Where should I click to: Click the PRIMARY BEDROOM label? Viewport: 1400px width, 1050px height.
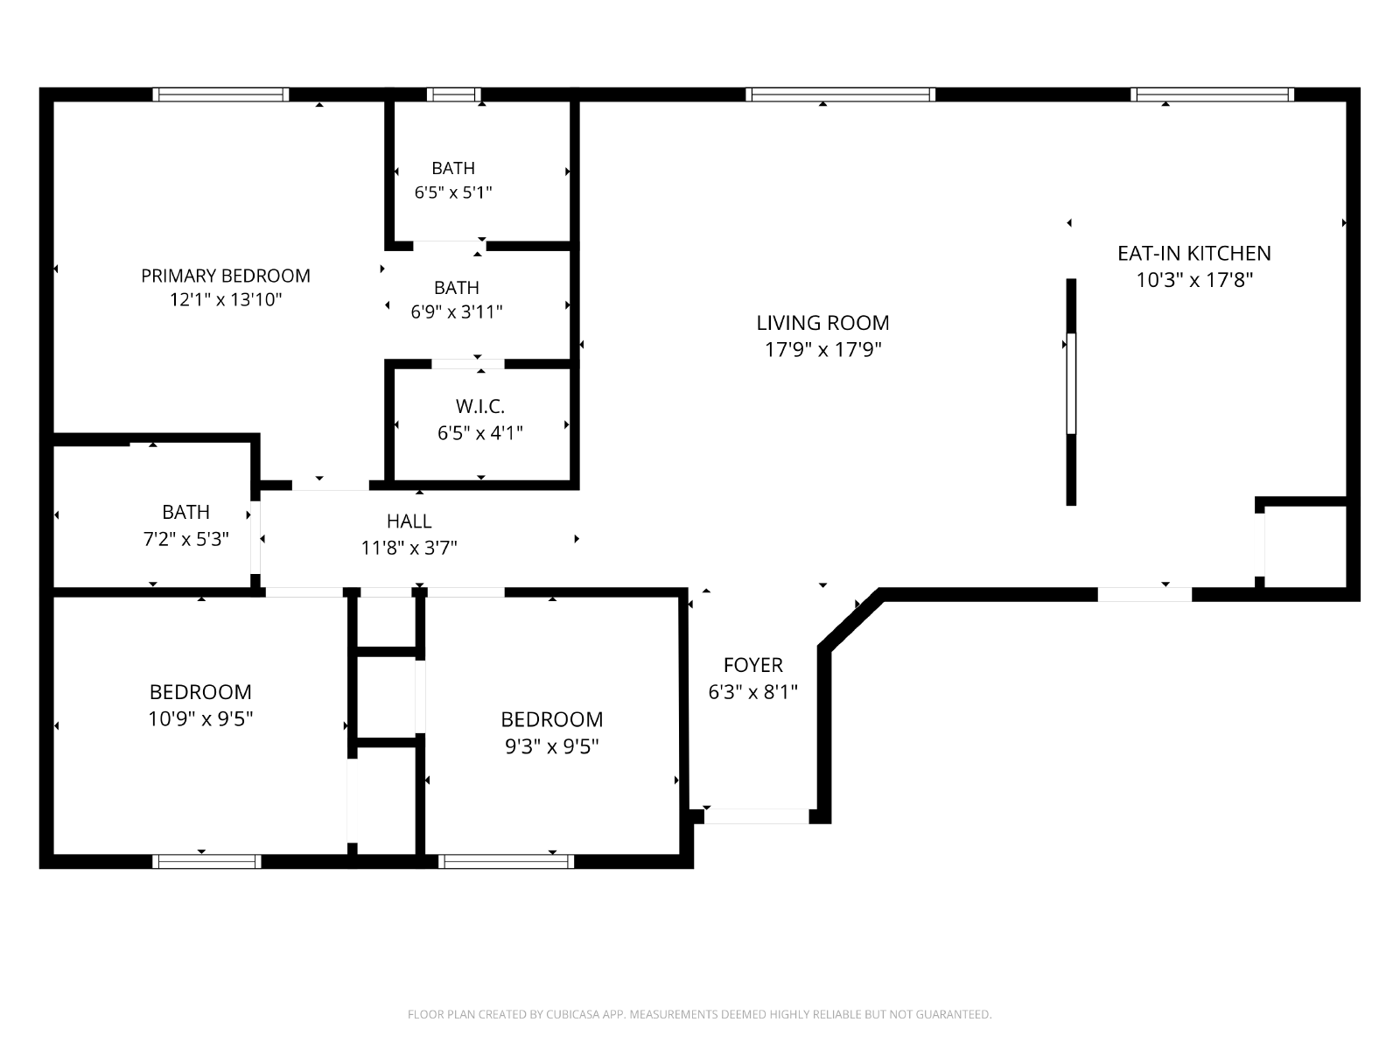(x=226, y=276)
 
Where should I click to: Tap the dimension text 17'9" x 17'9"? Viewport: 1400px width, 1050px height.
(x=822, y=350)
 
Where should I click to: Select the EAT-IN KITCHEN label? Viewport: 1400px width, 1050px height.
(x=1193, y=253)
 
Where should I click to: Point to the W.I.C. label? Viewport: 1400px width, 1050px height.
(x=480, y=407)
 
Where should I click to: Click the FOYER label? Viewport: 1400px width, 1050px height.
(x=752, y=665)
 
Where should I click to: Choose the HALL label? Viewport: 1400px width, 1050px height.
(x=409, y=521)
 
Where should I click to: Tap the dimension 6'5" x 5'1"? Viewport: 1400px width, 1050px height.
(x=453, y=192)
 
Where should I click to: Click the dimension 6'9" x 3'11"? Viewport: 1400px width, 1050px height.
(x=456, y=311)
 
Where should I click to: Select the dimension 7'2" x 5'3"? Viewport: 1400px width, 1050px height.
(x=185, y=539)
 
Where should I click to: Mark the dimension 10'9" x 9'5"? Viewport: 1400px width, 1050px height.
(x=200, y=719)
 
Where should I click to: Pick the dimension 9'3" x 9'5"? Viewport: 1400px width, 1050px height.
(x=551, y=746)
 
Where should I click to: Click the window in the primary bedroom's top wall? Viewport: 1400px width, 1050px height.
(x=220, y=94)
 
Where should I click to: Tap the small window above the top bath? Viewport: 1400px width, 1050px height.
(x=453, y=94)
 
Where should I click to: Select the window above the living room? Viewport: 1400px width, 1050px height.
(x=840, y=94)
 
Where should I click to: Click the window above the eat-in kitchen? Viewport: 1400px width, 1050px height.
(x=1212, y=94)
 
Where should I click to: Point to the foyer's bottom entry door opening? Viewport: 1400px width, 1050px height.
(x=757, y=816)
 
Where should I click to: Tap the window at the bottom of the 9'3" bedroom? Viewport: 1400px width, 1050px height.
(x=506, y=862)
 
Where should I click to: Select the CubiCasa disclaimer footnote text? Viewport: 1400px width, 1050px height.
(x=699, y=1015)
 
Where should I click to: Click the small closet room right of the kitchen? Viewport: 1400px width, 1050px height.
(x=1304, y=547)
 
